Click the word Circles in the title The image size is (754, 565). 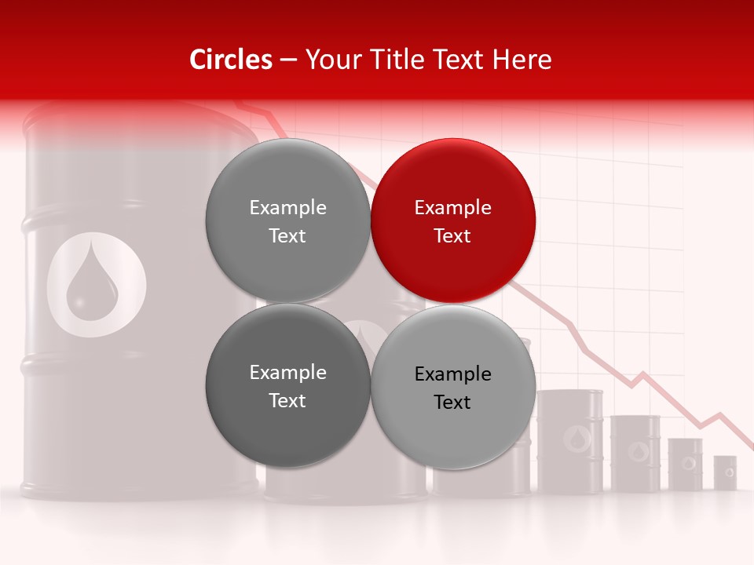231,60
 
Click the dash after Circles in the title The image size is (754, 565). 288,60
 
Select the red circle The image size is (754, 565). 453,221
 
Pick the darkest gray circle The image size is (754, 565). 287,385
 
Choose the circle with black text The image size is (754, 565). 453,387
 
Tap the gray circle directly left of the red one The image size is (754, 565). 287,221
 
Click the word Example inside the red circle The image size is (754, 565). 453,207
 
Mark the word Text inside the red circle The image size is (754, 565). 453,235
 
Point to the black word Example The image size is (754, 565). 453,374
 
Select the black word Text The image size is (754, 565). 453,402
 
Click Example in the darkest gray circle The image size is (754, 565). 287,372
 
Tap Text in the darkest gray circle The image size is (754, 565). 287,400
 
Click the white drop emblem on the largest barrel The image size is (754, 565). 96,285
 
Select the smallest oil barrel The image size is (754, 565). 725,472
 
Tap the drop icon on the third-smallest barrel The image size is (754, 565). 635,451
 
